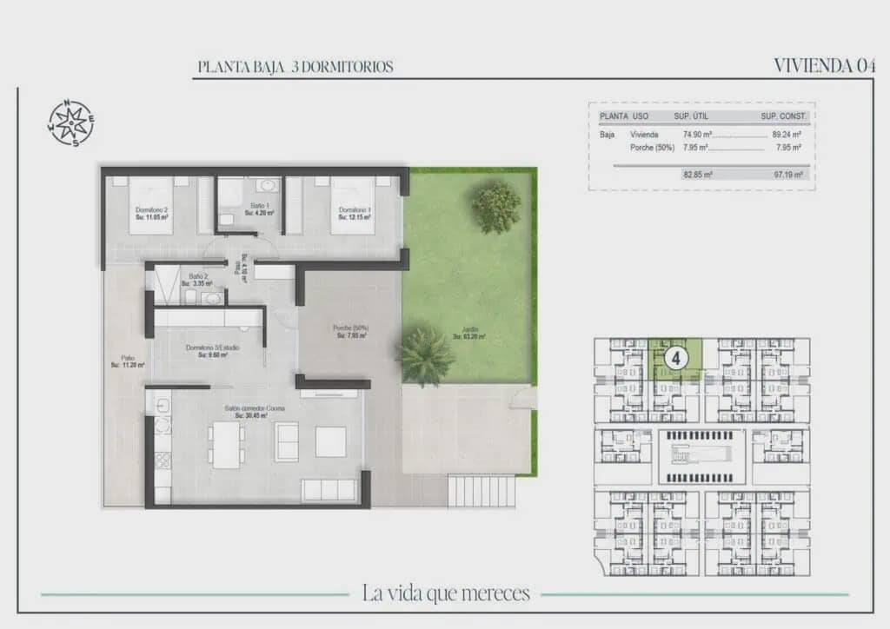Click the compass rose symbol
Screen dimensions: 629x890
click(70, 122)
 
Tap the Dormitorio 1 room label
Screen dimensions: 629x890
click(355, 213)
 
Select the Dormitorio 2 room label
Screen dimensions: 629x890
click(151, 213)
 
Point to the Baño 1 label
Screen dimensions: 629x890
click(259, 209)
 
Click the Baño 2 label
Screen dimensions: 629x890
click(197, 280)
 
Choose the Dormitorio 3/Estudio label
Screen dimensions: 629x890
click(213, 351)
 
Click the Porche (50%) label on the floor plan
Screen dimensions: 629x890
click(350, 331)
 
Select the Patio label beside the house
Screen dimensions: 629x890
click(127, 361)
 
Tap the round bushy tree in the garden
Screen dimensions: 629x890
click(496, 208)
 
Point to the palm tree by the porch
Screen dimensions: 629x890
click(426, 355)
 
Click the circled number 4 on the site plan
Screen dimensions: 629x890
click(675, 356)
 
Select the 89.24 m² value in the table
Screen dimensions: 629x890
click(786, 135)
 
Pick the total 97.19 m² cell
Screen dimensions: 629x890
click(786, 175)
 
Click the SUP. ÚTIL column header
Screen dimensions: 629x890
click(693, 116)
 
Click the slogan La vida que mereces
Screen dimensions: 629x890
click(445, 594)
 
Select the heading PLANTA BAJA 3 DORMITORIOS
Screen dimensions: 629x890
click(296, 67)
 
